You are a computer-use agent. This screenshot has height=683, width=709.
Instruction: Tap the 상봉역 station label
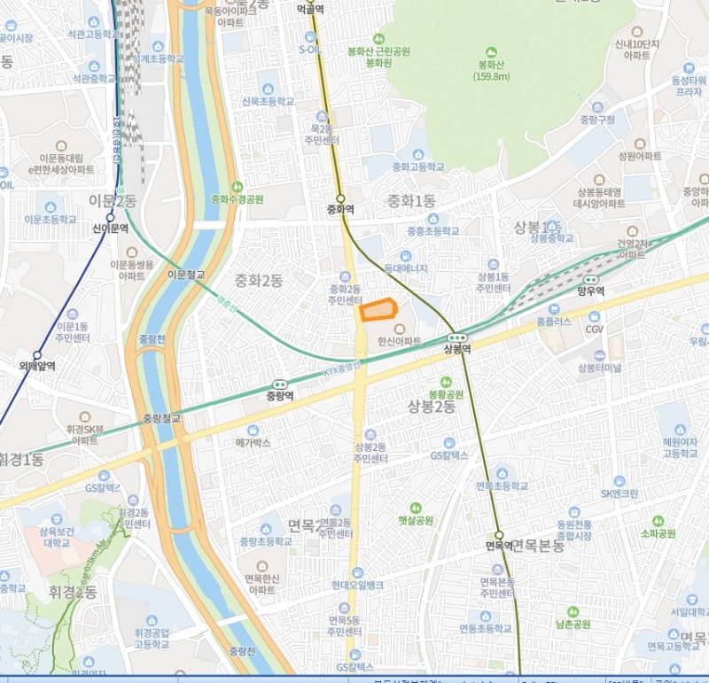tap(456, 348)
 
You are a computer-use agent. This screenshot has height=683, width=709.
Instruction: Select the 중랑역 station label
tap(281, 396)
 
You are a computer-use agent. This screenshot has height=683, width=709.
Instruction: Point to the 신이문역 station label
tap(110, 228)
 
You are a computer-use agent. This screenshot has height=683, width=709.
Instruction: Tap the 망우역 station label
tap(590, 291)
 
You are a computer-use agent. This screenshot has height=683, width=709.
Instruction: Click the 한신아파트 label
tap(399, 340)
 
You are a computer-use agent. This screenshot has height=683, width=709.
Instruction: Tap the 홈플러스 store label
tap(555, 323)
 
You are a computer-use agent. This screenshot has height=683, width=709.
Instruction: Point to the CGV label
tap(594, 329)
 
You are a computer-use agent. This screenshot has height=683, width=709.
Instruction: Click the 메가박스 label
tap(253, 441)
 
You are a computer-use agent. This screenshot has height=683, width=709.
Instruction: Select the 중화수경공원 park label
tap(237, 199)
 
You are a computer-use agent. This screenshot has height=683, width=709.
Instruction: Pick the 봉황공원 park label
tap(446, 393)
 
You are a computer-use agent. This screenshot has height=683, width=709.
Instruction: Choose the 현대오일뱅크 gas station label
tap(357, 585)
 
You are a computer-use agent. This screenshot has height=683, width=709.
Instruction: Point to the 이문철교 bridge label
tap(186, 275)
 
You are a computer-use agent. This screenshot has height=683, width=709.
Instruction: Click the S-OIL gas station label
tap(310, 50)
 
